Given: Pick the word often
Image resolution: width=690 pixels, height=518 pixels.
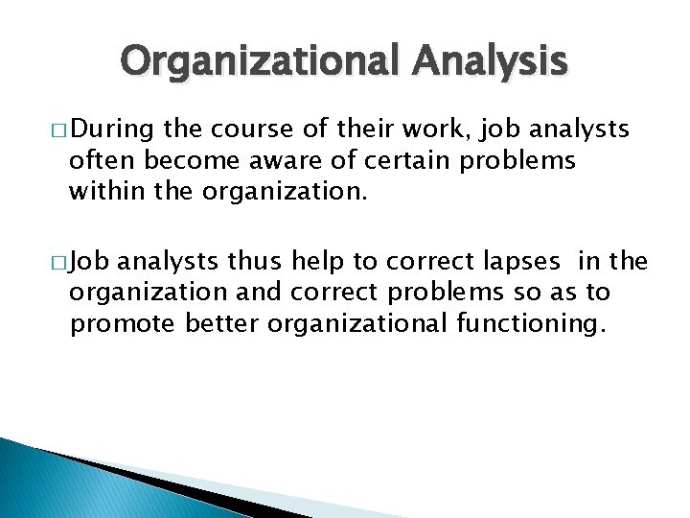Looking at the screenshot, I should (97, 159).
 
